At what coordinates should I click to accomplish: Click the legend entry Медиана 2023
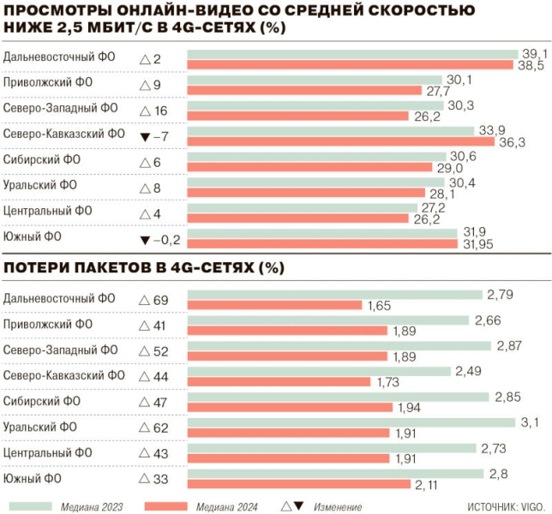(x=91, y=506)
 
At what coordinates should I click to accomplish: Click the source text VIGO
(x=531, y=506)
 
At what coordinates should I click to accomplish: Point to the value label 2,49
(x=468, y=371)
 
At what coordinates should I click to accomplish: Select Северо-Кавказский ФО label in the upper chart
(x=64, y=134)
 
